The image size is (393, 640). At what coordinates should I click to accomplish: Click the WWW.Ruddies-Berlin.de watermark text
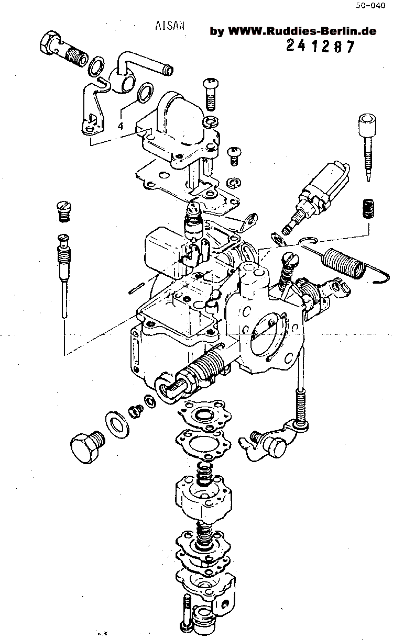(x=293, y=31)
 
